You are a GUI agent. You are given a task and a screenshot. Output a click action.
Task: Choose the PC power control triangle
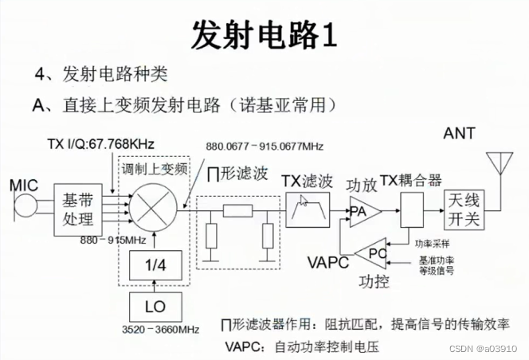373,253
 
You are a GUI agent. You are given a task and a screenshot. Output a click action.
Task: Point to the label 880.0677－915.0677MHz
264,147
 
